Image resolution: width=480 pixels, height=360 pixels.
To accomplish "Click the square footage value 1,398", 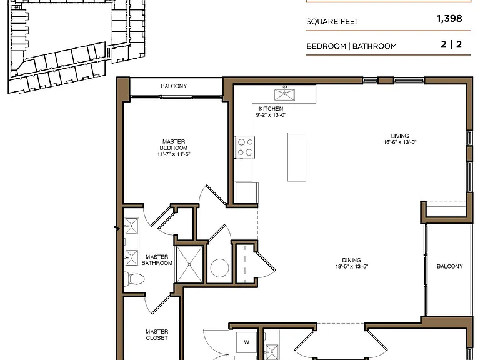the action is tap(449, 19).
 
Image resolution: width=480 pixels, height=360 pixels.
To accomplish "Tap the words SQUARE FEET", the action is tap(332, 21).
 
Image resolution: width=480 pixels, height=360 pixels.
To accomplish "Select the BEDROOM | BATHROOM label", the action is tap(351, 46).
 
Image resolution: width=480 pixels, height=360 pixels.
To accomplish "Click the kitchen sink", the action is tap(284, 94).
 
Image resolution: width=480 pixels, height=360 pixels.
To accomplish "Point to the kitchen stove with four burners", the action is tap(244, 147).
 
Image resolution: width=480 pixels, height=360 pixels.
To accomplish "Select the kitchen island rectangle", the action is tap(297, 157).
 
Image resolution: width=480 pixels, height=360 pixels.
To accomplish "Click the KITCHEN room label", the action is tap(271, 109).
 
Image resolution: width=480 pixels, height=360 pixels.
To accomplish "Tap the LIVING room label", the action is tap(400, 136).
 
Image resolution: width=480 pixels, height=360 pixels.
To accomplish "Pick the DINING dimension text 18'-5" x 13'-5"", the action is tap(351, 266).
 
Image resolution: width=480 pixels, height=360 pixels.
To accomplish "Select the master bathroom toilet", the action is tap(134, 279).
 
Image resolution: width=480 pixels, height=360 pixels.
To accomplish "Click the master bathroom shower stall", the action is tap(189, 264).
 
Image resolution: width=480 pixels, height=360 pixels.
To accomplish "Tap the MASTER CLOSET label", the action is tap(157, 334).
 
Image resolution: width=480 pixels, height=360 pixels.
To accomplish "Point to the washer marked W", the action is tap(246, 342).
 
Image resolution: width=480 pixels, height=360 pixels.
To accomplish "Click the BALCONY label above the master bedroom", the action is tap(174, 86).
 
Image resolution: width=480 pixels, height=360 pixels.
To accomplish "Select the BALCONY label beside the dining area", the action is tap(450, 266).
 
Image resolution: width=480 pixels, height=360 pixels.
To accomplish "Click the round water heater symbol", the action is tap(219, 268).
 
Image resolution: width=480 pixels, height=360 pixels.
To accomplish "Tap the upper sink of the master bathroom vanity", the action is tap(132, 226).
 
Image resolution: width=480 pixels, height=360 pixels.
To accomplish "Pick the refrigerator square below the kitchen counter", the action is tap(246, 192).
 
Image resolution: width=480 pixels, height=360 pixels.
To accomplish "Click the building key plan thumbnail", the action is tap(76, 46).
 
